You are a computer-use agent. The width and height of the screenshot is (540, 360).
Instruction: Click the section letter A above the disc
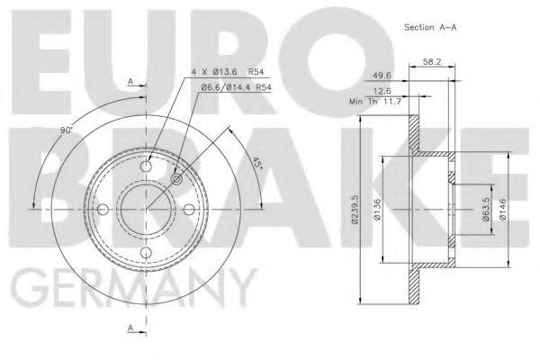[130, 81]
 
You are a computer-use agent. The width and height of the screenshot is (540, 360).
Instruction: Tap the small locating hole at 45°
[176, 179]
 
